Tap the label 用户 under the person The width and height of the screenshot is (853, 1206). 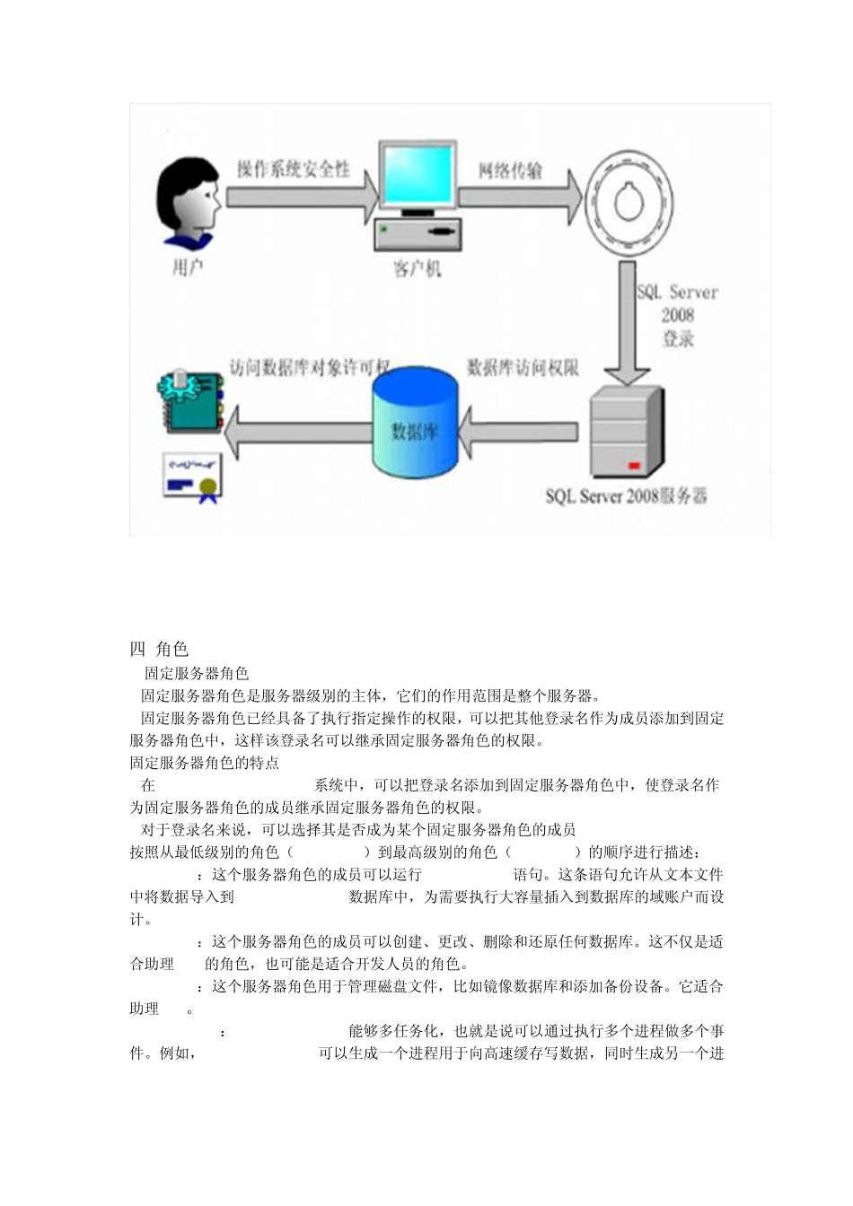(188, 267)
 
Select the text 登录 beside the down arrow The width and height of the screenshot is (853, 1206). (678, 339)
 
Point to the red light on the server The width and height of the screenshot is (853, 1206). (634, 465)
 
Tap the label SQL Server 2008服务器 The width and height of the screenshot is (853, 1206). (626, 496)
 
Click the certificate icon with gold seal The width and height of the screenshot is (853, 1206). (190, 476)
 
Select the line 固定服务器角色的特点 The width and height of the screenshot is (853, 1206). (205, 763)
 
